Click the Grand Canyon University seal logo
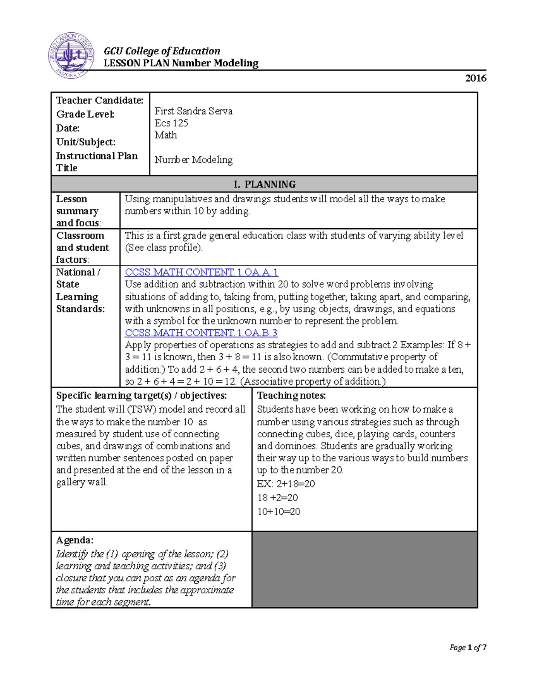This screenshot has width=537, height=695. point(71,55)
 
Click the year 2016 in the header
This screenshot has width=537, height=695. point(475,78)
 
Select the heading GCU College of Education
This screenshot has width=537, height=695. point(162,51)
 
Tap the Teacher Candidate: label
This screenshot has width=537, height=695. point(99,101)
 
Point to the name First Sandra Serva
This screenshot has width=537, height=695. point(193,111)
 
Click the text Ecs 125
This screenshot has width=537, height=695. point(171,123)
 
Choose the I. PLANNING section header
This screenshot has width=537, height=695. point(264,184)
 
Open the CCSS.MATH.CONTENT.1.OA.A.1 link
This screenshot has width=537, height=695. point(201,272)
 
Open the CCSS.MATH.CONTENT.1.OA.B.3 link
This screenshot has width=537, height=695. point(201,333)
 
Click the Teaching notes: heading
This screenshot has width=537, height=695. point(291,396)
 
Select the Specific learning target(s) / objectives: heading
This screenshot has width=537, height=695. point(141,396)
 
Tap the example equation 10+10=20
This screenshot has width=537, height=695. point(278,512)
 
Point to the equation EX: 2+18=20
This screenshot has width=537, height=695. point(286,484)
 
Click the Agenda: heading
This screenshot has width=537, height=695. point(75,540)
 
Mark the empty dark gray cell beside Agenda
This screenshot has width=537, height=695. point(364,570)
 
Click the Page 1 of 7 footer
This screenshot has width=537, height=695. point(468,648)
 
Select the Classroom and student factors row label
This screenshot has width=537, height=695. point(82,247)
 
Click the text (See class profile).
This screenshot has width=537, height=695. point(164,248)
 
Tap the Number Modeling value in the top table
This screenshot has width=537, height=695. point(193,160)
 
